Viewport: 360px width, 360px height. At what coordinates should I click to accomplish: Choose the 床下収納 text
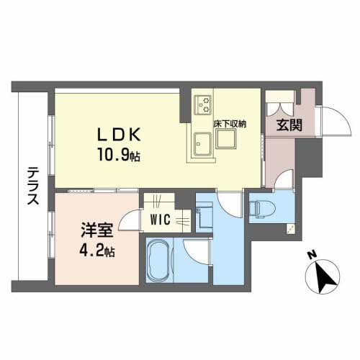tap(230, 124)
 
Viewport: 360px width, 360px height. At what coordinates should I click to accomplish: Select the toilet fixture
tap(261, 210)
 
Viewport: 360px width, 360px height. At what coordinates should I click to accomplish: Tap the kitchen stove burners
tap(201, 106)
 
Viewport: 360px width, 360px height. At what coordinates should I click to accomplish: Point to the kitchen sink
tap(201, 145)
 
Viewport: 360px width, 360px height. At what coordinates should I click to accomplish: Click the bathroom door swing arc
tap(196, 252)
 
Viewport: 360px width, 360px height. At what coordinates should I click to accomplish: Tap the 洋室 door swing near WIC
tap(130, 220)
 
